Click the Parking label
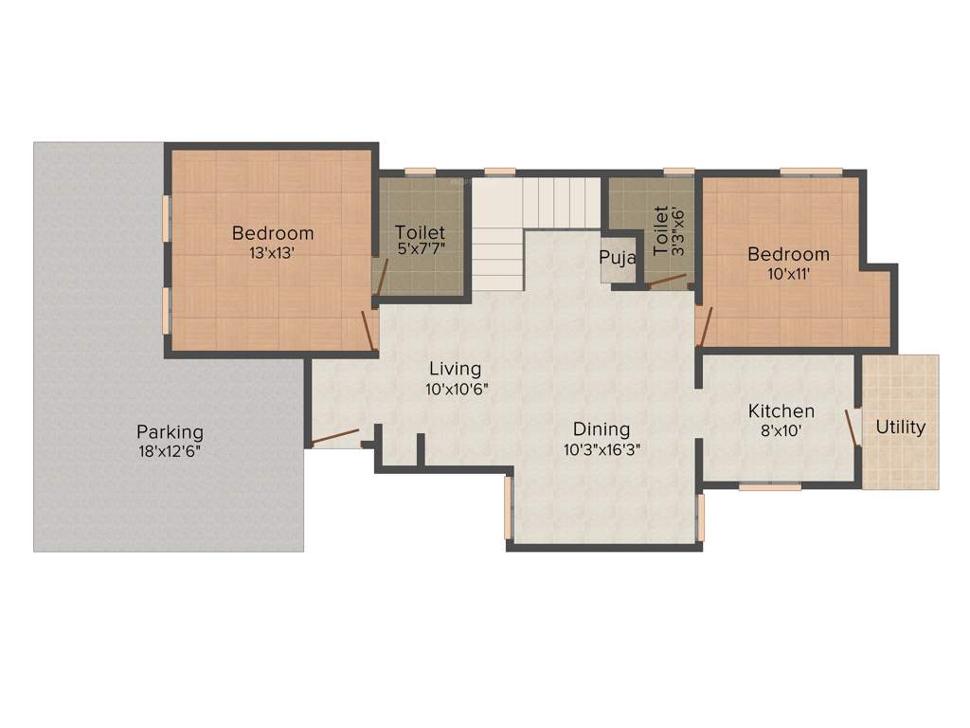(170, 432)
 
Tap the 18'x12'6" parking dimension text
(170, 451)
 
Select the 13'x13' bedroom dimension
(273, 252)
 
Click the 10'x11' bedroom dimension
(788, 273)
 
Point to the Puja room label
(617, 258)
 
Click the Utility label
(900, 427)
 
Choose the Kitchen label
(781, 411)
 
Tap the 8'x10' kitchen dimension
(781, 430)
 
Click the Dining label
(602, 431)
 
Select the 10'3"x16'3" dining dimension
(602, 450)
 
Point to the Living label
(455, 369)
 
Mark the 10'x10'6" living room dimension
(457, 388)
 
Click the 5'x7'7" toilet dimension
(420, 251)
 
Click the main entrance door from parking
(335, 437)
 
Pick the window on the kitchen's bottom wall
(769, 487)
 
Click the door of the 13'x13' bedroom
(368, 330)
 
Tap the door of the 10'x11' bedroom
(703, 326)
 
